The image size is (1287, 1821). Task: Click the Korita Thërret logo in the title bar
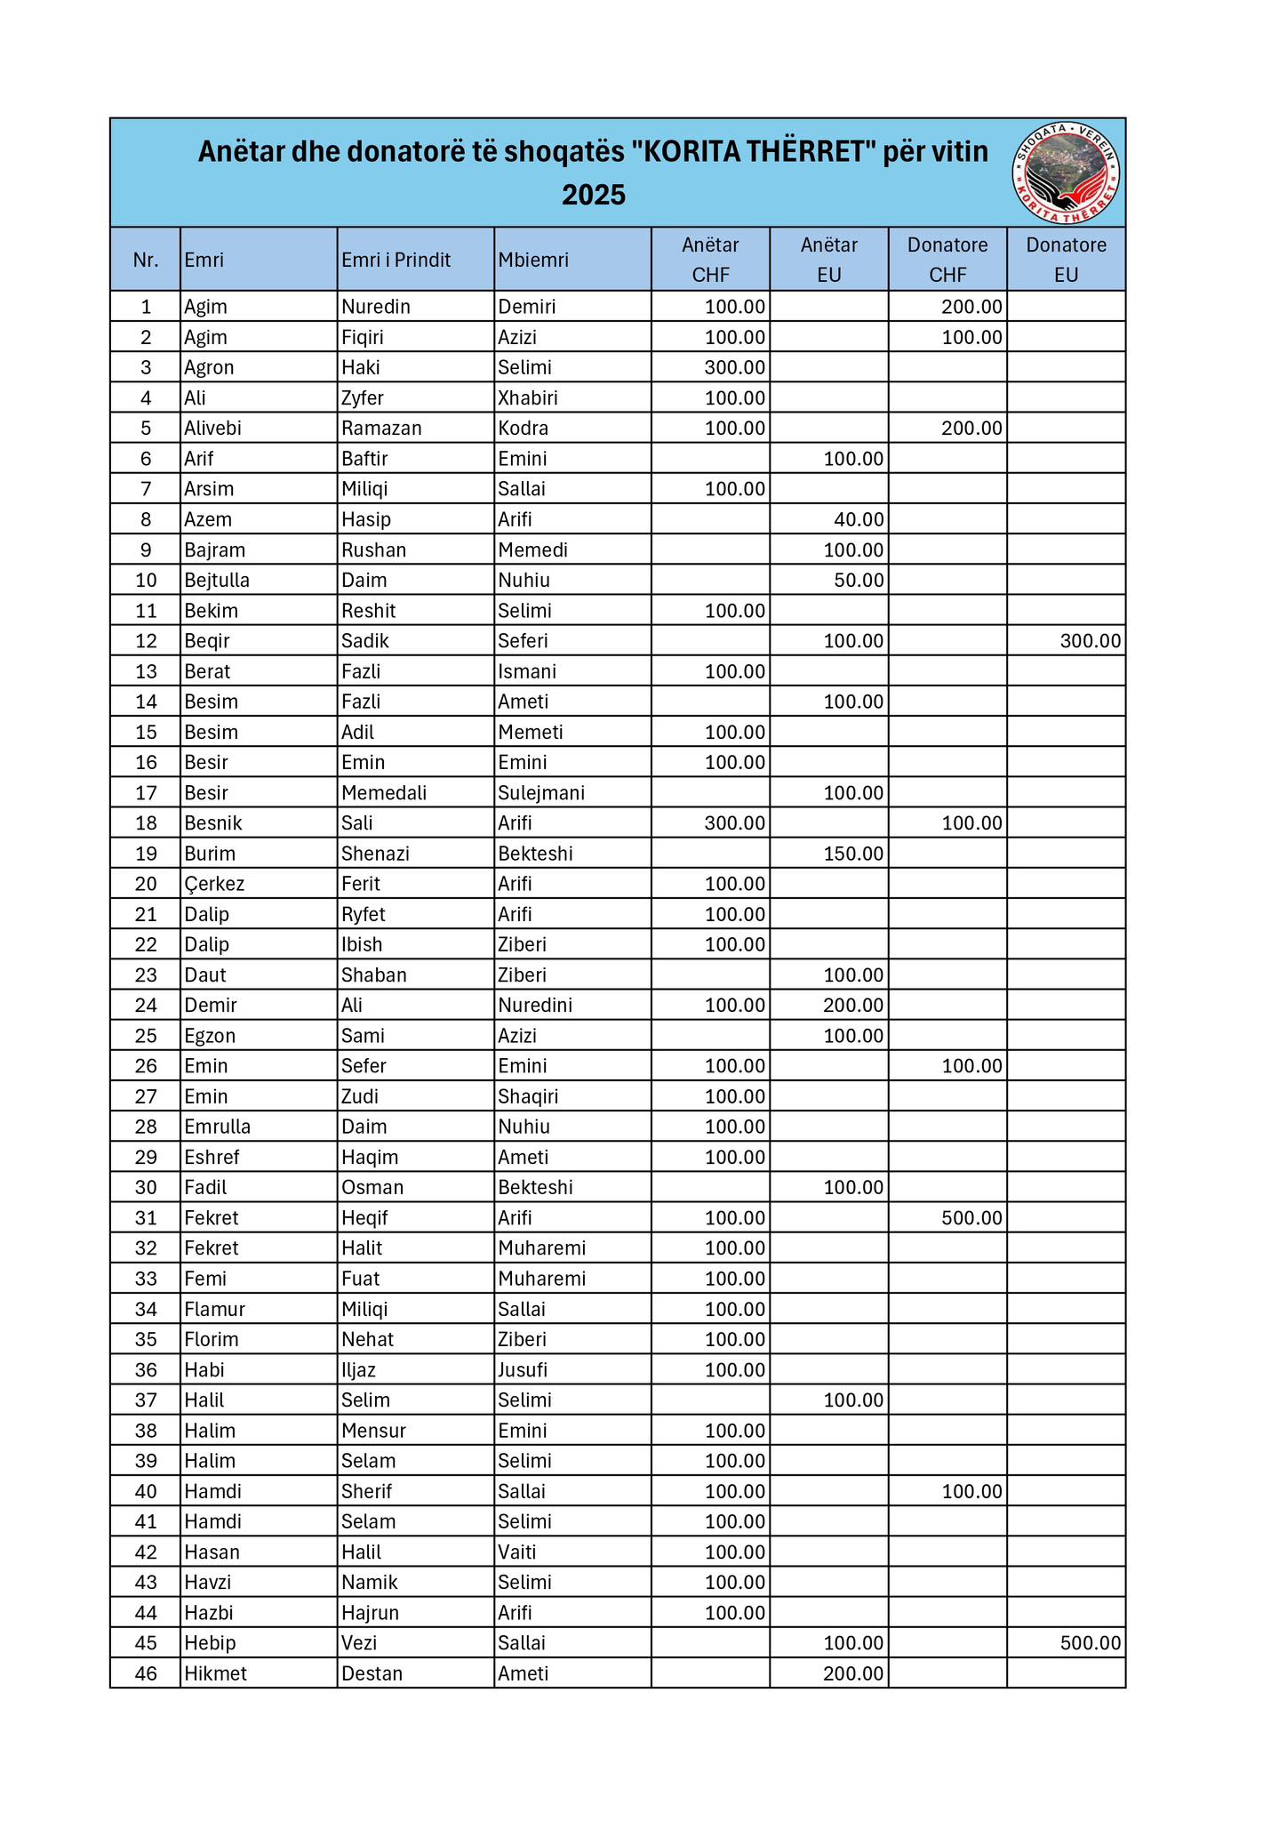pos(1066,172)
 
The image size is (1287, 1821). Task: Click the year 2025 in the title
pos(593,195)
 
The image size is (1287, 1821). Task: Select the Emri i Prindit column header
pos(396,260)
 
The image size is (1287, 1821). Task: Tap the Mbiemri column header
pos(532,260)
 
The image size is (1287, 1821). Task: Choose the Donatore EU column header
pos(1066,260)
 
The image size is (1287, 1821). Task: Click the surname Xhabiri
pos(528,397)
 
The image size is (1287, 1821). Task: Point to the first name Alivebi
pos(212,428)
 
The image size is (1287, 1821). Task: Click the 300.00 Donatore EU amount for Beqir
pos(1091,641)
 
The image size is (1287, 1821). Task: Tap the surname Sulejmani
pos(541,792)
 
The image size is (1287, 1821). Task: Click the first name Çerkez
pos(214,884)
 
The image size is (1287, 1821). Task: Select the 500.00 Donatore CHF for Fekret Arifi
pos(971,1217)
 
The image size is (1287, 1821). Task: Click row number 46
pos(146,1673)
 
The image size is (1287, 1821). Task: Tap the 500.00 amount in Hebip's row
pos(1091,1642)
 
